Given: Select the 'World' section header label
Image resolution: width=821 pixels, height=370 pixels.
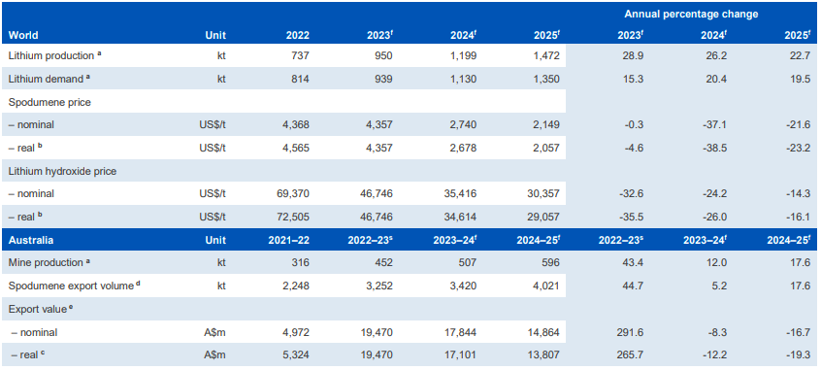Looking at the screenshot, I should tap(24, 35).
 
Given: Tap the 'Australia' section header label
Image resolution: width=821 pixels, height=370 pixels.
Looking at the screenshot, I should tap(31, 239).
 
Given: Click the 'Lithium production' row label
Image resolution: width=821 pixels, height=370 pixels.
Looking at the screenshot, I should tap(52, 55).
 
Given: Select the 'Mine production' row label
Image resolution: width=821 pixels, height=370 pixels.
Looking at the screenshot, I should tap(46, 262).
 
